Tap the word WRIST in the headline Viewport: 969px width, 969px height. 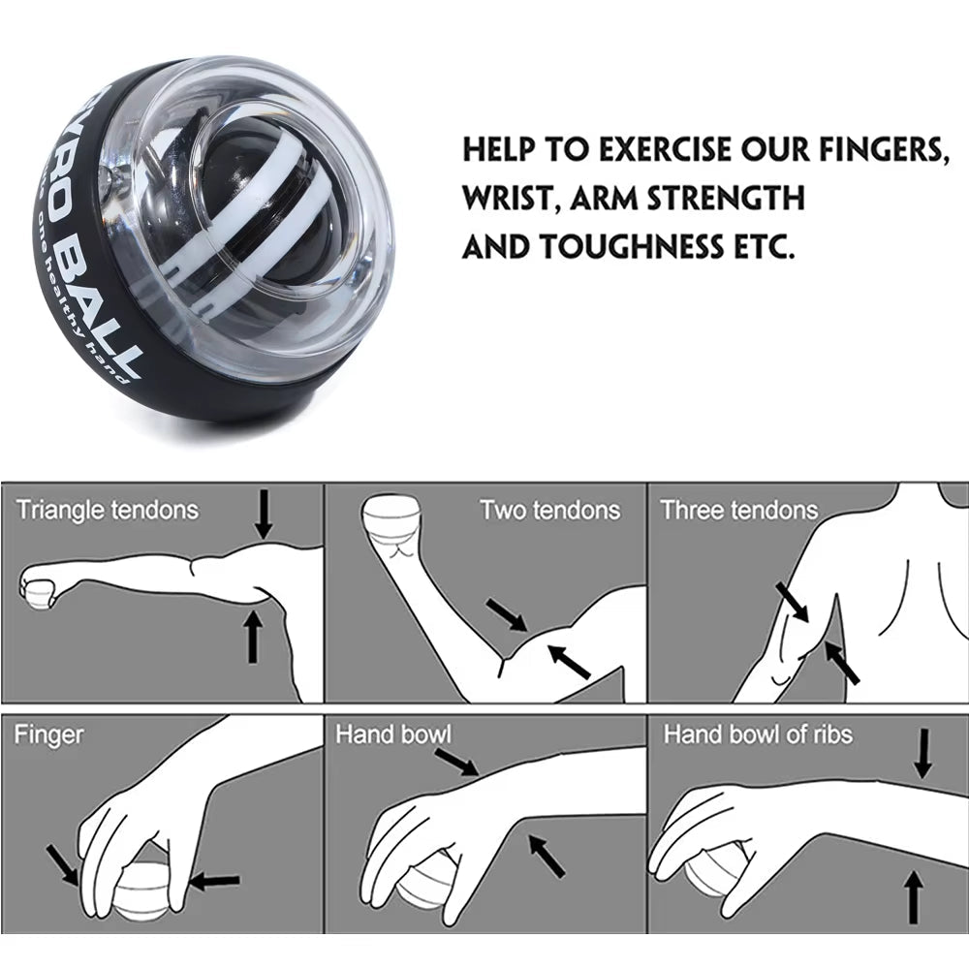[x=509, y=199]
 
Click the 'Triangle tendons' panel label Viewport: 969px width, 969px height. [x=107, y=510]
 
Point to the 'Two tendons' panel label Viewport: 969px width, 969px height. [x=549, y=510]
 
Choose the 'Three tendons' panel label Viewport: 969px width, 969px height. [x=739, y=510]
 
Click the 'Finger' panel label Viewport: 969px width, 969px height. [x=48, y=735]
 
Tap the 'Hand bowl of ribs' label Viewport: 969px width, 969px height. [x=758, y=735]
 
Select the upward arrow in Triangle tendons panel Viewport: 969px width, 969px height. [x=253, y=635]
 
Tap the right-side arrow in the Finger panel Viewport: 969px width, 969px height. [x=214, y=881]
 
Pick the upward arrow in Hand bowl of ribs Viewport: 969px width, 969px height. [x=912, y=896]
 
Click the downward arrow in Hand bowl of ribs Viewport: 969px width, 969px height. [x=922, y=753]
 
